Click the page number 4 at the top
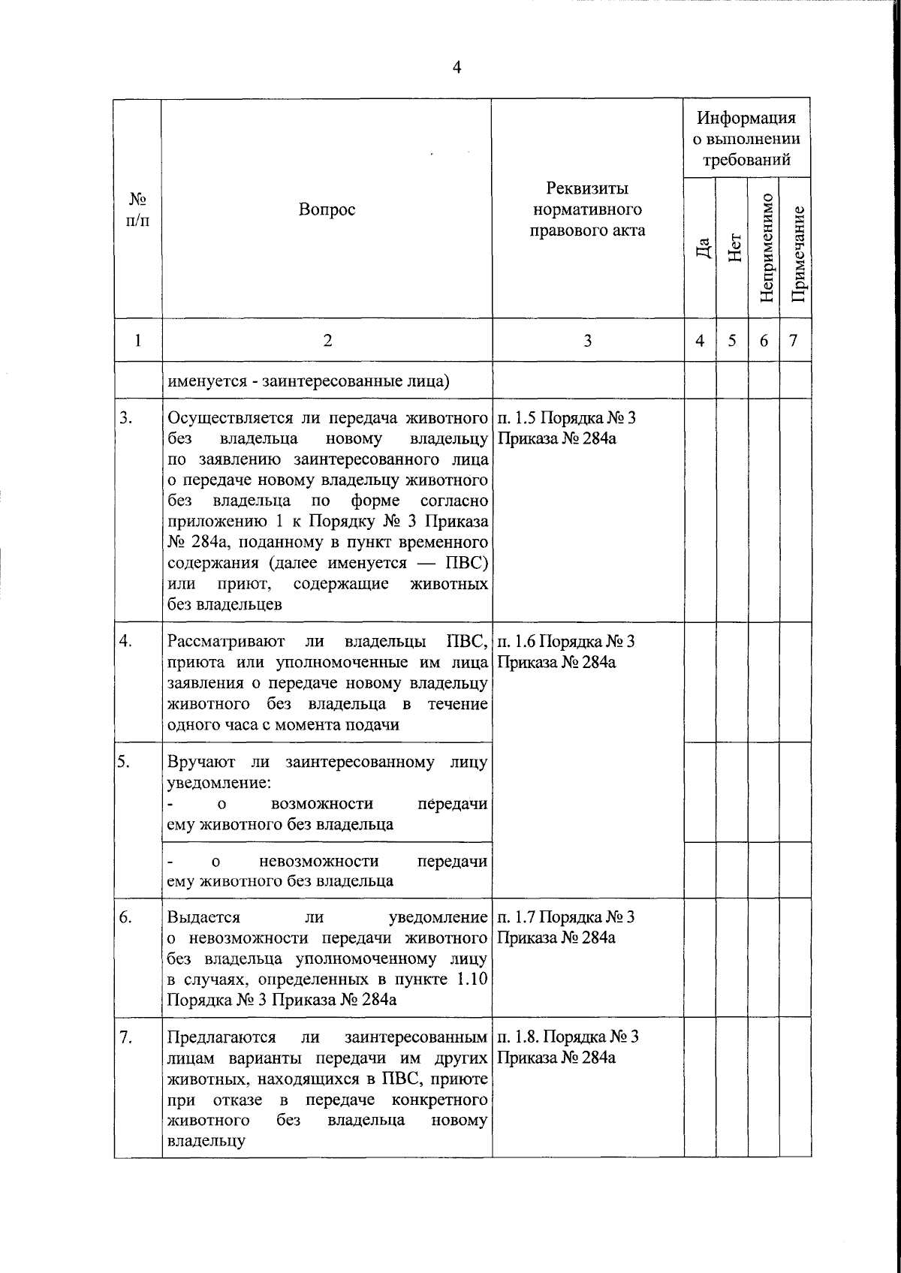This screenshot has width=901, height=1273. click(x=457, y=68)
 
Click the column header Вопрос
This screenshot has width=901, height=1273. click(x=327, y=209)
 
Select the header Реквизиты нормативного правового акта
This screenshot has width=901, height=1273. click(x=587, y=209)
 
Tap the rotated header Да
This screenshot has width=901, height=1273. click(x=701, y=247)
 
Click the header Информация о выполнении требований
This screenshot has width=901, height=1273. click(x=746, y=139)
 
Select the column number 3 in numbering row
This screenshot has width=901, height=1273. click(x=587, y=341)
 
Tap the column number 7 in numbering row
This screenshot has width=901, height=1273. click(x=794, y=341)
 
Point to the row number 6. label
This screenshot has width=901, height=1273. click(x=125, y=917)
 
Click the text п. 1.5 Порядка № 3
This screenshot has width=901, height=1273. click(x=566, y=418)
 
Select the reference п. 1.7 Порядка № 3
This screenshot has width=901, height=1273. click(x=566, y=916)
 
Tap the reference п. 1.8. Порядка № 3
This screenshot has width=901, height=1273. click(x=568, y=1037)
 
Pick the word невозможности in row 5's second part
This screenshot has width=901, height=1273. click(x=319, y=861)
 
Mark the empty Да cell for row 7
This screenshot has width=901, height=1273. click(x=700, y=1086)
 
